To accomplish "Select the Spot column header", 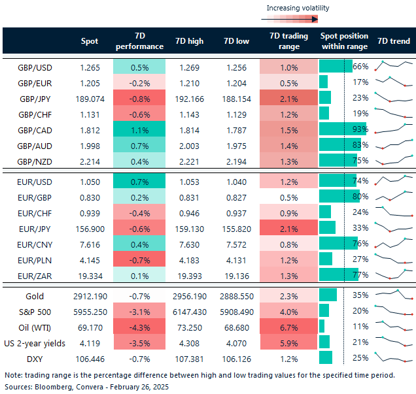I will (89, 41).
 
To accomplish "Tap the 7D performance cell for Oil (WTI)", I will (139, 325).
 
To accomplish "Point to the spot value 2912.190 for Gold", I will (89, 295).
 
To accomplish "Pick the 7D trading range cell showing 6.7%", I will (288, 325).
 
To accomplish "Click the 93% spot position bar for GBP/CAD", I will (343, 129).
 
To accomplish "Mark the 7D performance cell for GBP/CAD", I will (139, 129).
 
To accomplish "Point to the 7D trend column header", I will (394, 41).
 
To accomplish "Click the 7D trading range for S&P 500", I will (288, 310).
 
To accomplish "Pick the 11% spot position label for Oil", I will (360, 325).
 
